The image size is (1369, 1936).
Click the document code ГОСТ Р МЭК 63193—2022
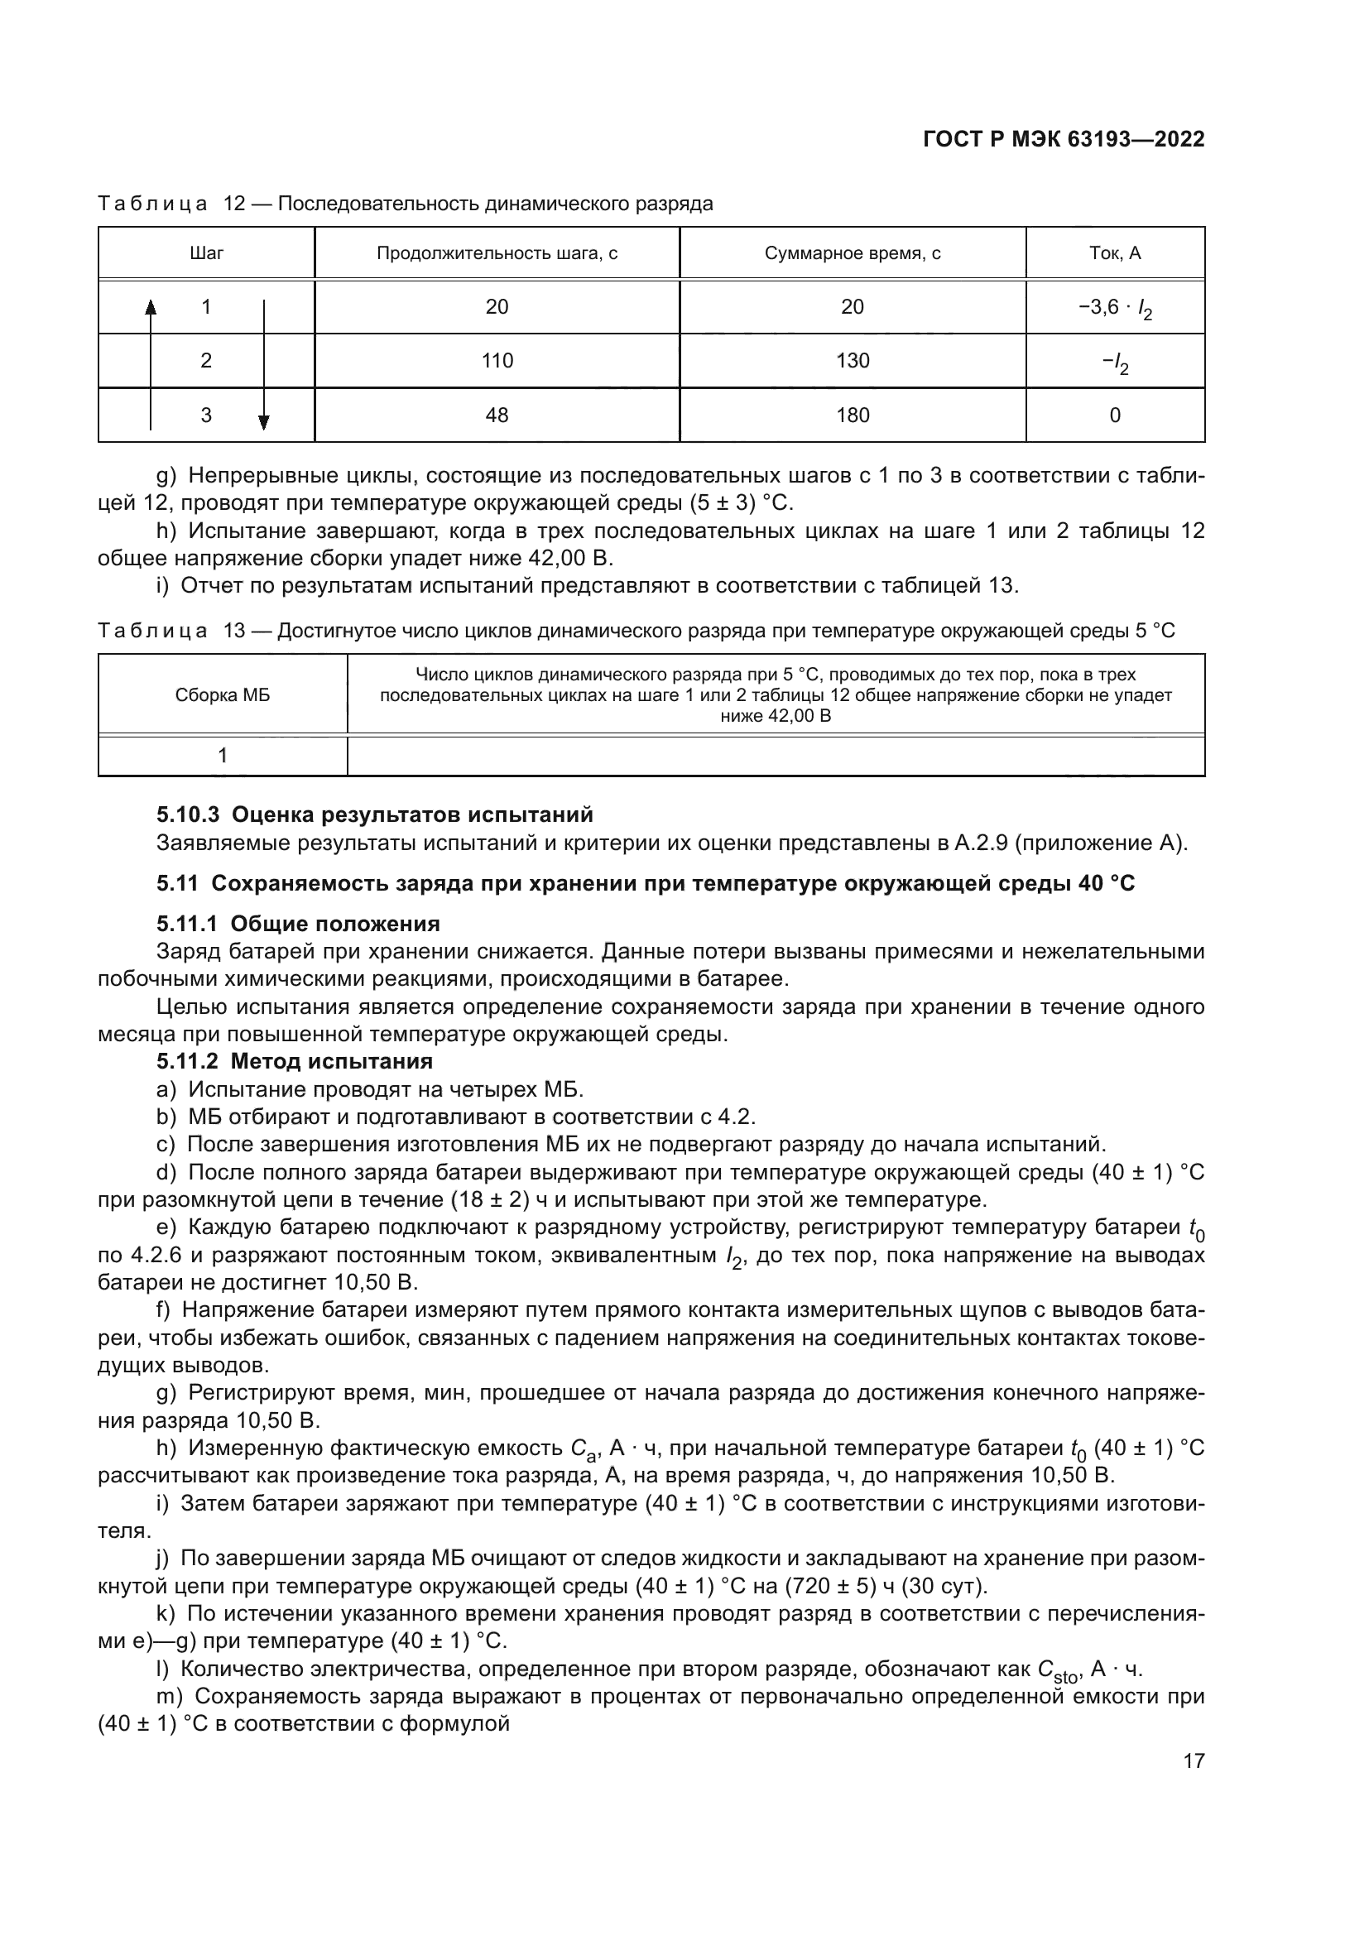click(1063, 140)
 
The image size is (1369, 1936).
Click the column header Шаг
click(207, 253)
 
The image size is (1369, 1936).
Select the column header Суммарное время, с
click(853, 253)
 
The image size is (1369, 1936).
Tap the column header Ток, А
click(1114, 253)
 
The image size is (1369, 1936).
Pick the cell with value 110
click(497, 361)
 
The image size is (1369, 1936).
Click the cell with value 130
click(853, 361)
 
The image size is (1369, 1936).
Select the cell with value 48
click(497, 415)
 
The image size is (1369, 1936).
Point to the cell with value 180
click(853, 415)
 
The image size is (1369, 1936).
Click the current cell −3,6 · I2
click(1114, 308)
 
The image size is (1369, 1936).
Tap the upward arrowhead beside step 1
click(151, 307)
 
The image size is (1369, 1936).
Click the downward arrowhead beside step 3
click(264, 422)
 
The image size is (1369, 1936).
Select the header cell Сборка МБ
click(223, 695)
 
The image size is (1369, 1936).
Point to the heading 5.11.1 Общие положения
click(298, 924)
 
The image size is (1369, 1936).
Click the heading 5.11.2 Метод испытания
click(294, 1061)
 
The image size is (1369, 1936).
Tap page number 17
click(1194, 1761)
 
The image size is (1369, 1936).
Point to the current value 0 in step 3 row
click(1114, 415)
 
